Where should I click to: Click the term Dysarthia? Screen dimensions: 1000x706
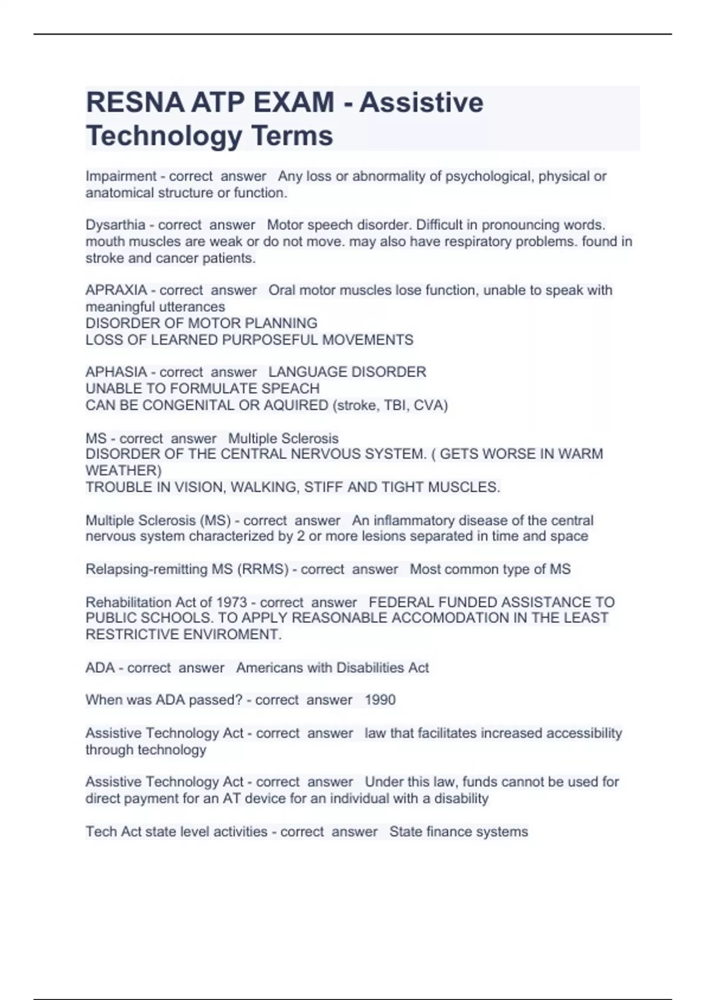[115, 225]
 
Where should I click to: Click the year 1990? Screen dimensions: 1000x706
[380, 700]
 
